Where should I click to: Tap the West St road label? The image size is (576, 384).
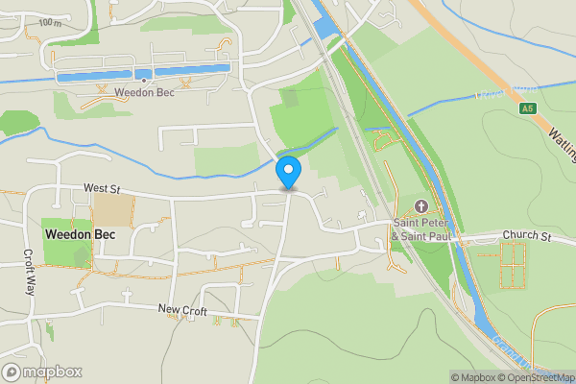(x=101, y=189)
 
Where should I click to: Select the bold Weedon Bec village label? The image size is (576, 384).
(x=79, y=234)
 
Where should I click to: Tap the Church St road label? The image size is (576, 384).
(x=528, y=236)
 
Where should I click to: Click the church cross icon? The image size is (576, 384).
(x=420, y=207)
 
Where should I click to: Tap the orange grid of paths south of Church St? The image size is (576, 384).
(x=514, y=265)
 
